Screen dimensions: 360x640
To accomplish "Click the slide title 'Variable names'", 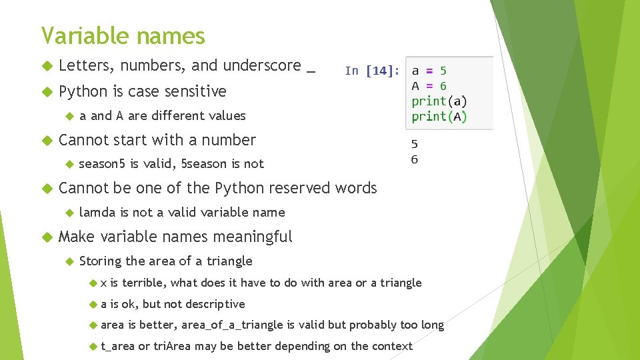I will point(123,35).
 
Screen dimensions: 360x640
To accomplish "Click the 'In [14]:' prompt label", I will point(373,71).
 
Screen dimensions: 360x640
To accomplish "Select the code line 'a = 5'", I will point(429,71).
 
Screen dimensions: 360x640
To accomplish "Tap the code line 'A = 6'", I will point(429,86).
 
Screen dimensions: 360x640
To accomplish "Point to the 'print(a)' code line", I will point(439,101).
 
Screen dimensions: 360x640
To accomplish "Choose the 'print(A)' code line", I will point(439,117).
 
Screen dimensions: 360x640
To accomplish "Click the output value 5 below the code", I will point(415,143).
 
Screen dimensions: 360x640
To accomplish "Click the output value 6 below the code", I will point(415,160).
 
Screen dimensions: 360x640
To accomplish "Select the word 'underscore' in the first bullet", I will point(262,65).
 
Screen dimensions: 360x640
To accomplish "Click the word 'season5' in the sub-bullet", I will point(102,164).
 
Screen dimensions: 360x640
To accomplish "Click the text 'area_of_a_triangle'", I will point(233,325).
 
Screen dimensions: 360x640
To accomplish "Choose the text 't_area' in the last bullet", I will point(117,346).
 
